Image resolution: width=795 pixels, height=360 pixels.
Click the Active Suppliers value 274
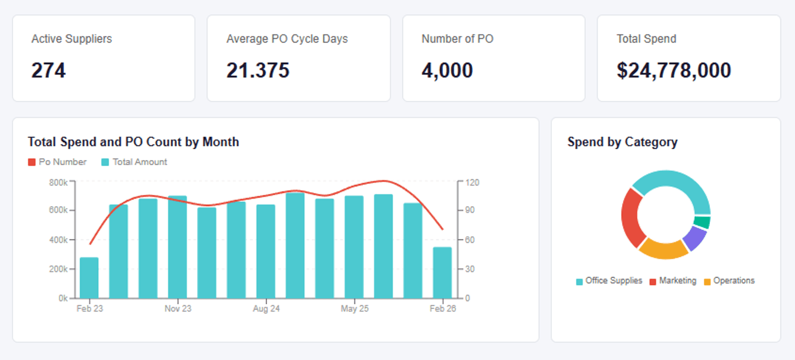(48, 71)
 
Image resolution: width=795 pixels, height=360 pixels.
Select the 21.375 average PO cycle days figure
(258, 71)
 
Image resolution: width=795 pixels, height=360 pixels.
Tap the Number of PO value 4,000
(447, 71)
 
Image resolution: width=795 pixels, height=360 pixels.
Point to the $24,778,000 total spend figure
(673, 71)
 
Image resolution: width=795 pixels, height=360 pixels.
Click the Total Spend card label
(646, 39)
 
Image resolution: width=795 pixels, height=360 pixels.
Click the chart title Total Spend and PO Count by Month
(133, 142)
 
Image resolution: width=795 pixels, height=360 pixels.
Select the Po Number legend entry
(57, 162)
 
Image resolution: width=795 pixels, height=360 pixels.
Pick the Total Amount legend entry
(134, 162)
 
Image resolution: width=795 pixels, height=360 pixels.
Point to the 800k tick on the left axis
(58, 182)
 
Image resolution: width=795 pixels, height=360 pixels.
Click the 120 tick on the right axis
(472, 182)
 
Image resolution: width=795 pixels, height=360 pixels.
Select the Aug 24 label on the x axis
(266, 308)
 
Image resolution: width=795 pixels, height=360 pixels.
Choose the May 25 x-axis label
(355, 308)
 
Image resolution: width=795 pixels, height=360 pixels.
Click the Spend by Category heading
(622, 142)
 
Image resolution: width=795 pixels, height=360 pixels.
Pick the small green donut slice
(702, 222)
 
